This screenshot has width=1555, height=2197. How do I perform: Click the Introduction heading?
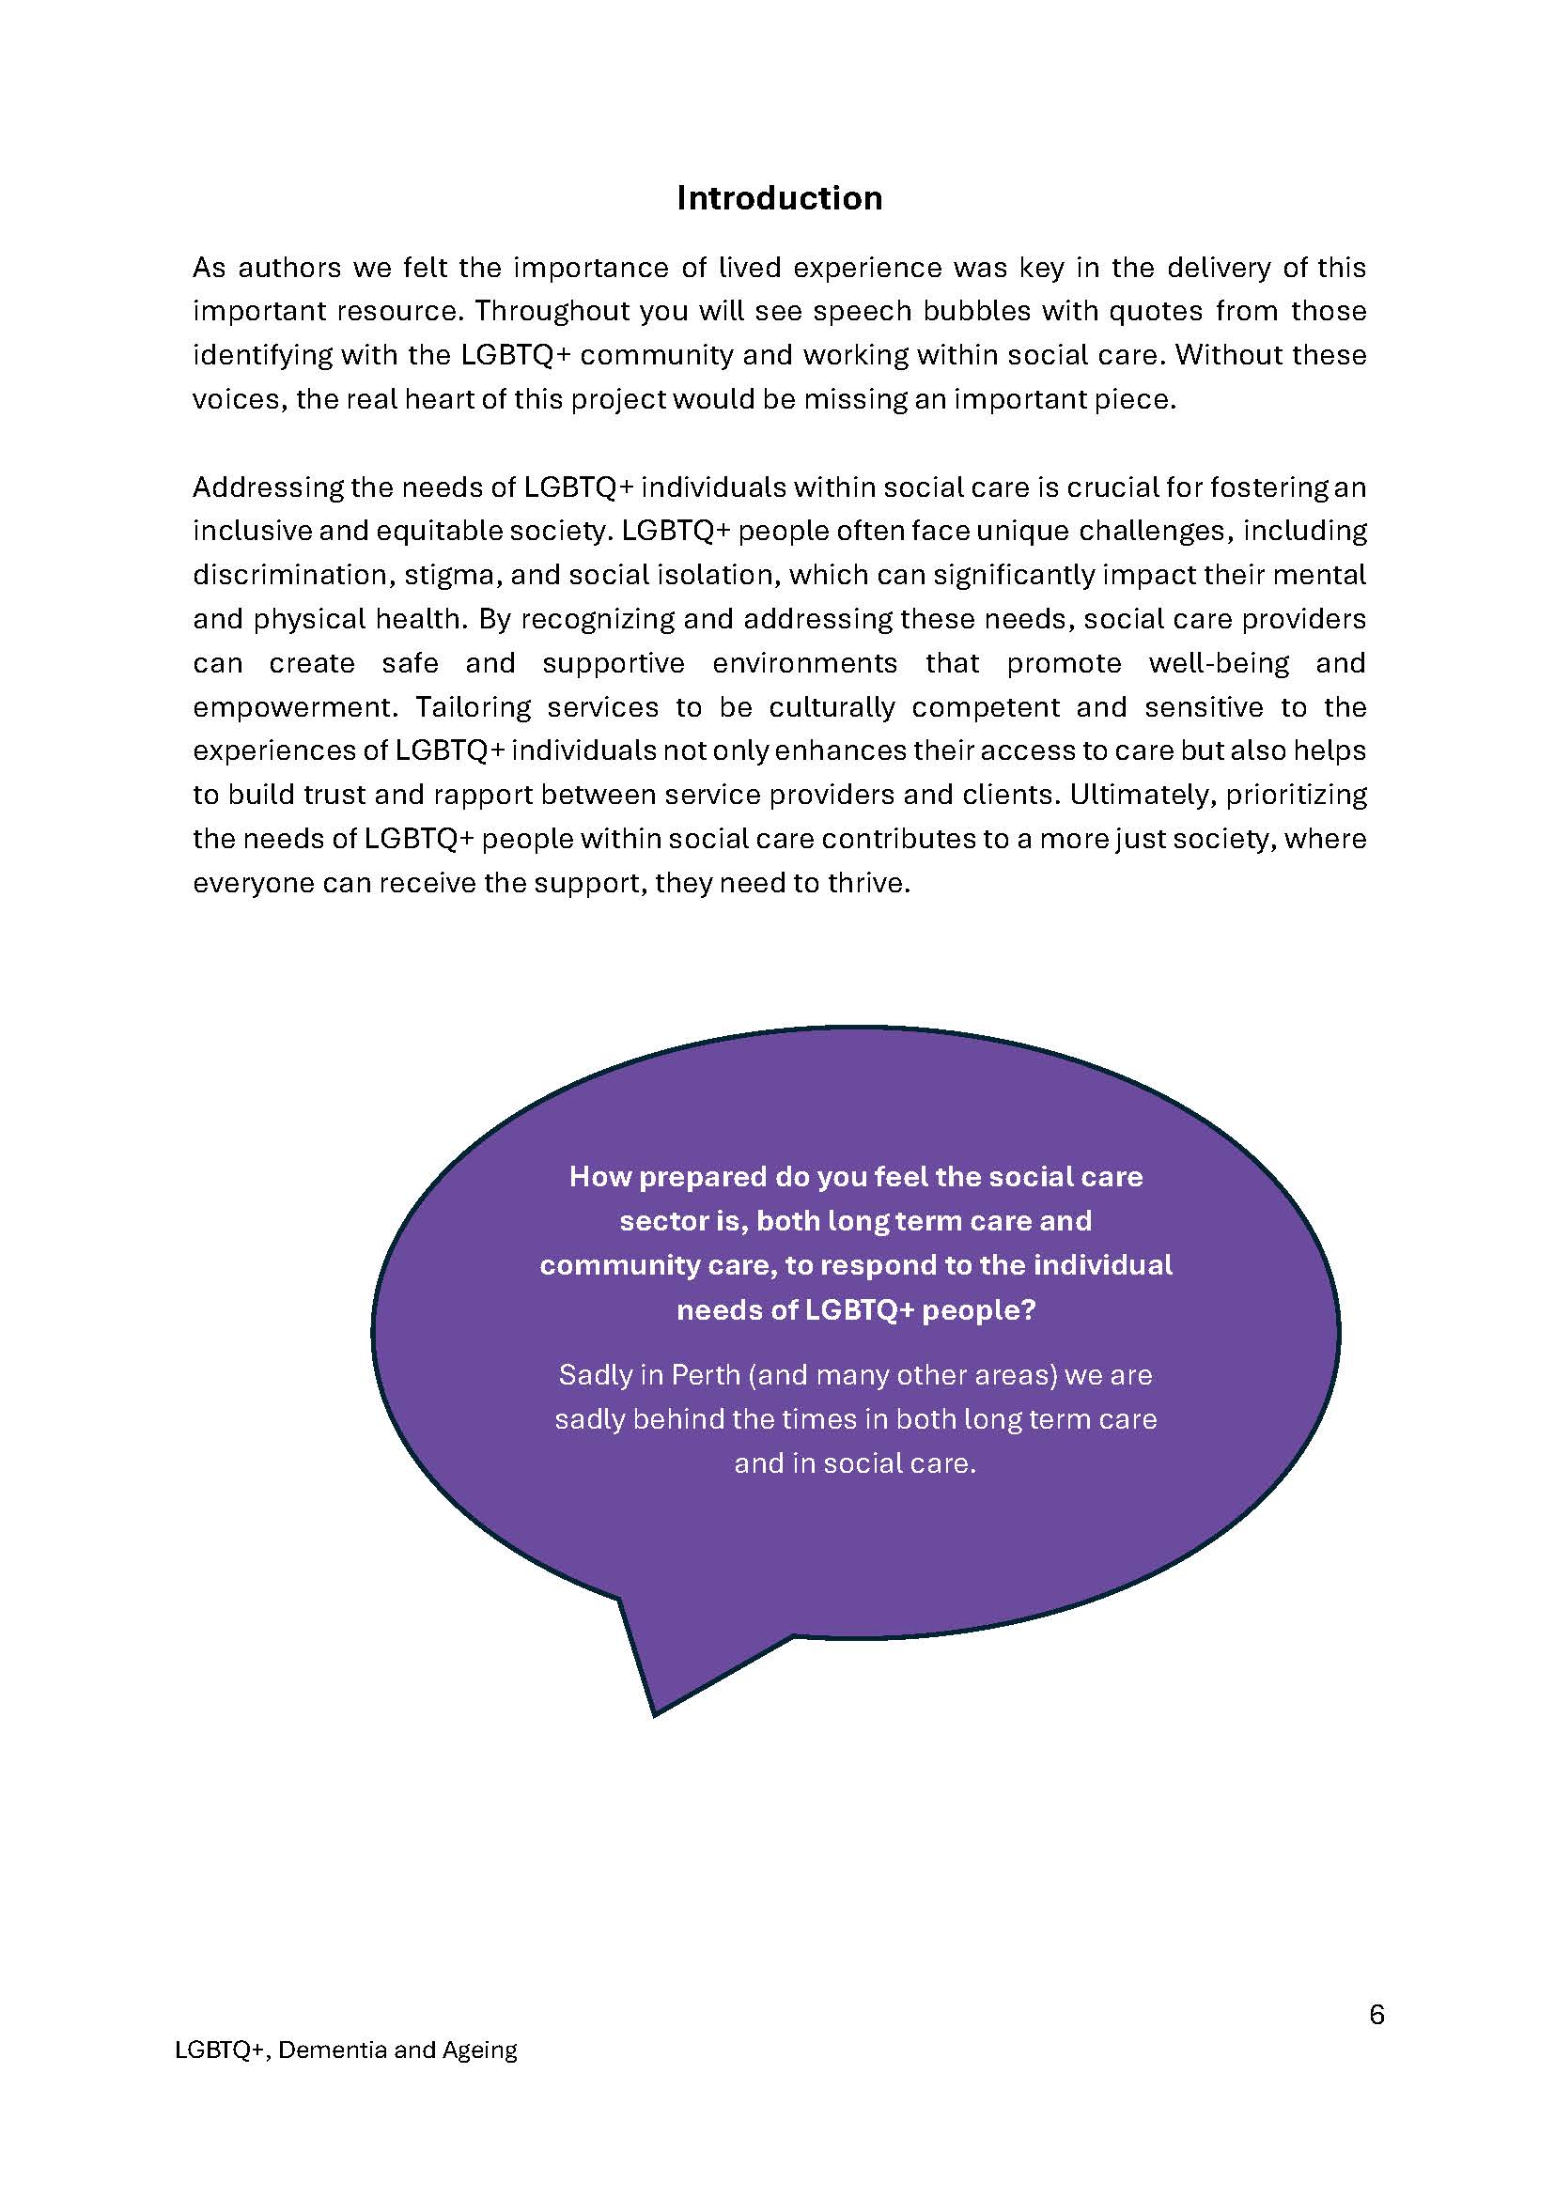pos(779,198)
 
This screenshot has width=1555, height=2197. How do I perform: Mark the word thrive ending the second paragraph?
pos(866,883)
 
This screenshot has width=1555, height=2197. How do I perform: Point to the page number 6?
pos(1376,2015)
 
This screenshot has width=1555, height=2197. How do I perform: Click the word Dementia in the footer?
pos(333,2050)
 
